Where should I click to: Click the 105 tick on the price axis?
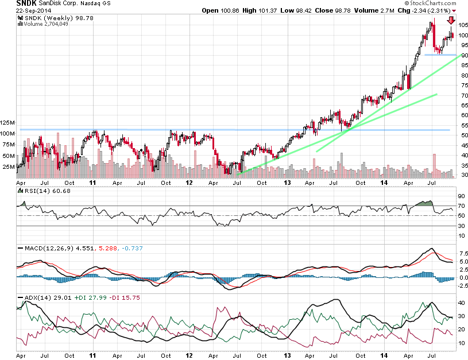[462, 25]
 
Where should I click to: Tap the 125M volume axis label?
[8, 123]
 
